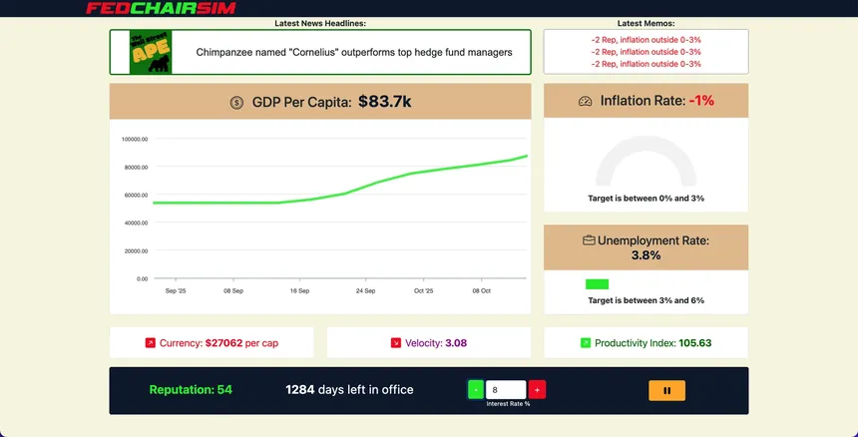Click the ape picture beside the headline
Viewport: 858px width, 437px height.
coord(151,52)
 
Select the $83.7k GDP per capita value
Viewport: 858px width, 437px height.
coord(385,102)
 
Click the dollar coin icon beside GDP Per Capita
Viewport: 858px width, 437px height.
coord(236,102)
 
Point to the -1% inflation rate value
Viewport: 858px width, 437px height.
coord(701,101)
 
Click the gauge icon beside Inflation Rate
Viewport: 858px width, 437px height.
coord(586,101)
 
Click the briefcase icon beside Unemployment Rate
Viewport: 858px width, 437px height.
coord(589,240)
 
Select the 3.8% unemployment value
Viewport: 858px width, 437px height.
coord(645,255)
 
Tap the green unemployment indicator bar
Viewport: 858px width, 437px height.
coord(597,284)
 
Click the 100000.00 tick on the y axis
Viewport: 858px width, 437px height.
coord(135,140)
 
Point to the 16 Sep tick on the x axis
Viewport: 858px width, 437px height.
coord(299,291)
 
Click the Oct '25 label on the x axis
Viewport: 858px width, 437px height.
coord(424,291)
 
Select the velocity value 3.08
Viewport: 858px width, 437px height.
coord(456,343)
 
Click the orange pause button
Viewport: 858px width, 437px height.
coord(666,390)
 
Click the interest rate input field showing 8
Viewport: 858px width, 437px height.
coord(506,389)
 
